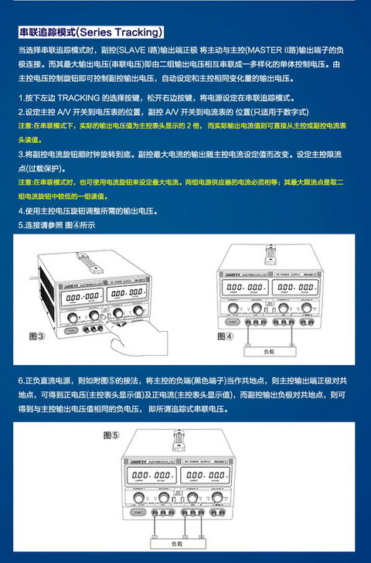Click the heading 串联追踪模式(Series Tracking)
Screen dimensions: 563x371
point(91,32)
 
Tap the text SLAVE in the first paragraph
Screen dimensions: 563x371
point(142,49)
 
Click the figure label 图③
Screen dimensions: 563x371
point(36,336)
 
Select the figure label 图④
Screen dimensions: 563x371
point(225,336)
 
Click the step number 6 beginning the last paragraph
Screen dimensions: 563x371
point(21,381)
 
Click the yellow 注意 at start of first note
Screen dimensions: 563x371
point(25,125)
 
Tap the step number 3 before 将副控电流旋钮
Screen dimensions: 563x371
point(21,154)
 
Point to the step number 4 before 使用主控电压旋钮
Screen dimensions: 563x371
point(21,210)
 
